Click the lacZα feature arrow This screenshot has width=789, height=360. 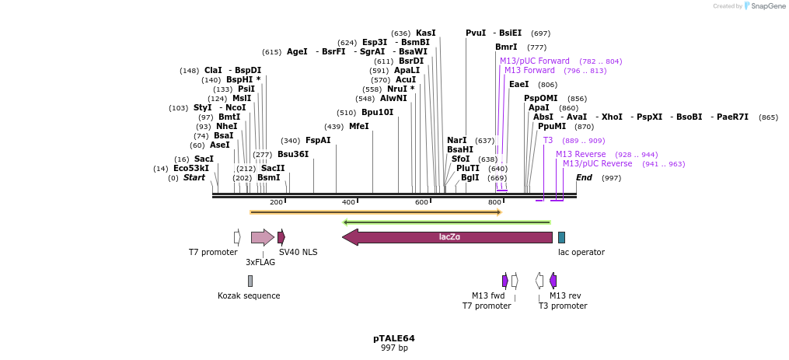click(447, 237)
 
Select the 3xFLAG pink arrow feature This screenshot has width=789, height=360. click(262, 237)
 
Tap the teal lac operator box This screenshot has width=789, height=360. click(561, 237)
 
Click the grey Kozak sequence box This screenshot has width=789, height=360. click(250, 281)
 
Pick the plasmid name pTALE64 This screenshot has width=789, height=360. click(394, 338)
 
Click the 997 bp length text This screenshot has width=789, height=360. click(394, 348)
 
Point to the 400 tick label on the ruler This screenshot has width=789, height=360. click(348, 202)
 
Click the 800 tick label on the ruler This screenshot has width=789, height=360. click(494, 202)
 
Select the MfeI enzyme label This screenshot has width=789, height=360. click(358, 126)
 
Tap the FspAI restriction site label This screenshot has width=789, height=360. click(318, 140)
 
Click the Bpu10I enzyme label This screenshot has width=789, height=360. click(377, 112)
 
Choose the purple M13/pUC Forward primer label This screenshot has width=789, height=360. click(535, 61)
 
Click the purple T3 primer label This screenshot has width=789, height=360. click(548, 140)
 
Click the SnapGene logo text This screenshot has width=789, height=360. click(766, 6)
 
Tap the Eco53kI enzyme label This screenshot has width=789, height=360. click(191, 168)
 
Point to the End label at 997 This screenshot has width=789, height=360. click(584, 177)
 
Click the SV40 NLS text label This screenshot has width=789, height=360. click(298, 252)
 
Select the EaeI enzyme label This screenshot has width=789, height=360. click(518, 84)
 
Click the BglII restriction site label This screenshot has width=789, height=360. click(470, 177)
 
